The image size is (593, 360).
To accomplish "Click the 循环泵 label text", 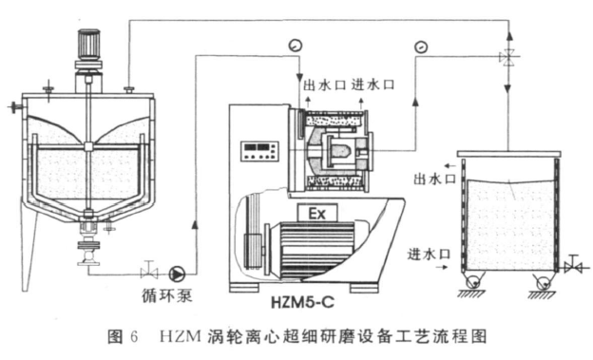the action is click(x=167, y=295).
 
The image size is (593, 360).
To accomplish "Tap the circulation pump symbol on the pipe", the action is click(x=177, y=274).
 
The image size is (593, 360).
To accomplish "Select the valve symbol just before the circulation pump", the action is click(x=149, y=270).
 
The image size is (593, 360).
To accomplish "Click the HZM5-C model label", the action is click(x=302, y=302).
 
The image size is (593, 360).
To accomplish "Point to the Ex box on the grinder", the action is click(x=316, y=214).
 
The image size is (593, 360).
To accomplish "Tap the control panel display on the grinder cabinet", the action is click(x=259, y=150).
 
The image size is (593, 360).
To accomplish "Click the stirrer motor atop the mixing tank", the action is click(x=89, y=44).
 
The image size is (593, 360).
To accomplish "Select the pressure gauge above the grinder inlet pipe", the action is click(x=295, y=46).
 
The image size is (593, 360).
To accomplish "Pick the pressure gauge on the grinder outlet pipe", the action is click(x=421, y=47).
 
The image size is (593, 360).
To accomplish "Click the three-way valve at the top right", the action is click(x=508, y=58).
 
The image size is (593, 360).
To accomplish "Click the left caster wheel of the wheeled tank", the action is click(x=472, y=282).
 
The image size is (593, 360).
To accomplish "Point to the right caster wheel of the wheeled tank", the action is click(x=544, y=282).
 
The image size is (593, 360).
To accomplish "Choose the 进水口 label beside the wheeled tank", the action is click(x=429, y=255).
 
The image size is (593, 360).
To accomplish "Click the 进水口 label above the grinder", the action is click(x=373, y=85).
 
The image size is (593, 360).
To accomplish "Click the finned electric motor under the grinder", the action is click(x=310, y=249).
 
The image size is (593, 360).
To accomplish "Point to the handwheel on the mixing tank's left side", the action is click(x=15, y=107).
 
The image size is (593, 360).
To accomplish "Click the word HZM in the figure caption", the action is click(x=180, y=336).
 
